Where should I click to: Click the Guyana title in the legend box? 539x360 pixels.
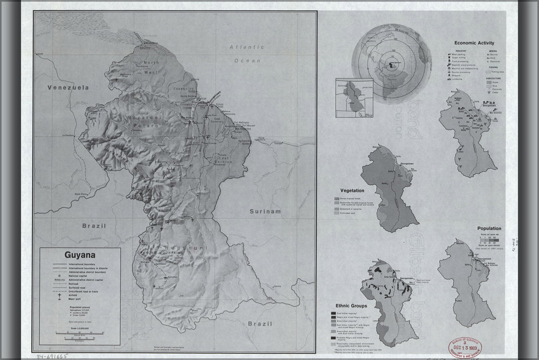pyautogui.click(x=80, y=254)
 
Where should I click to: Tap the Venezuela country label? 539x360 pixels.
pyautogui.click(x=68, y=88)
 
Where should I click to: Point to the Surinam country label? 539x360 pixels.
pyautogui.click(x=266, y=211)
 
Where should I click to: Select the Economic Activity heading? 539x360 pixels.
pyautogui.click(x=474, y=43)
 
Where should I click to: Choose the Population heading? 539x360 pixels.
pyautogui.click(x=489, y=228)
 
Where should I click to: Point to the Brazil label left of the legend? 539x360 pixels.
pyautogui.click(x=94, y=226)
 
